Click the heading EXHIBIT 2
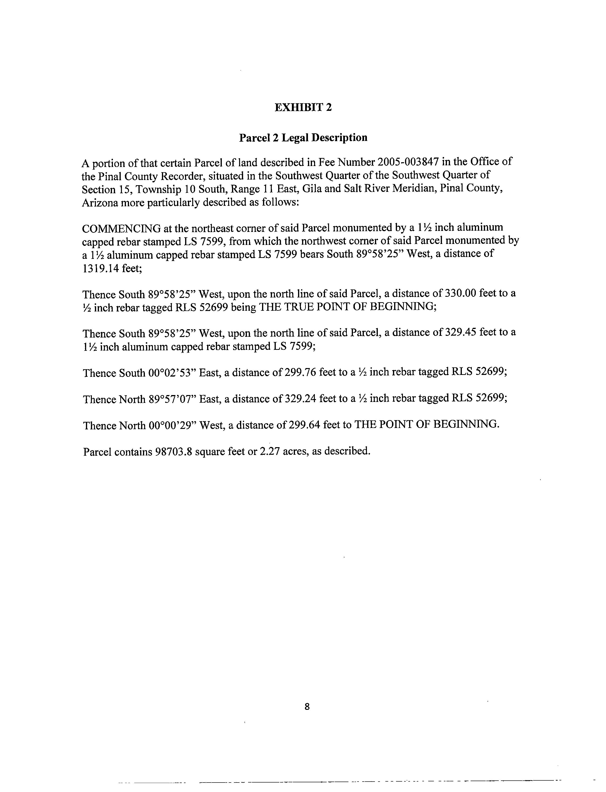pyautogui.click(x=303, y=108)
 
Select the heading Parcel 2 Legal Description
pyautogui.click(x=303, y=138)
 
